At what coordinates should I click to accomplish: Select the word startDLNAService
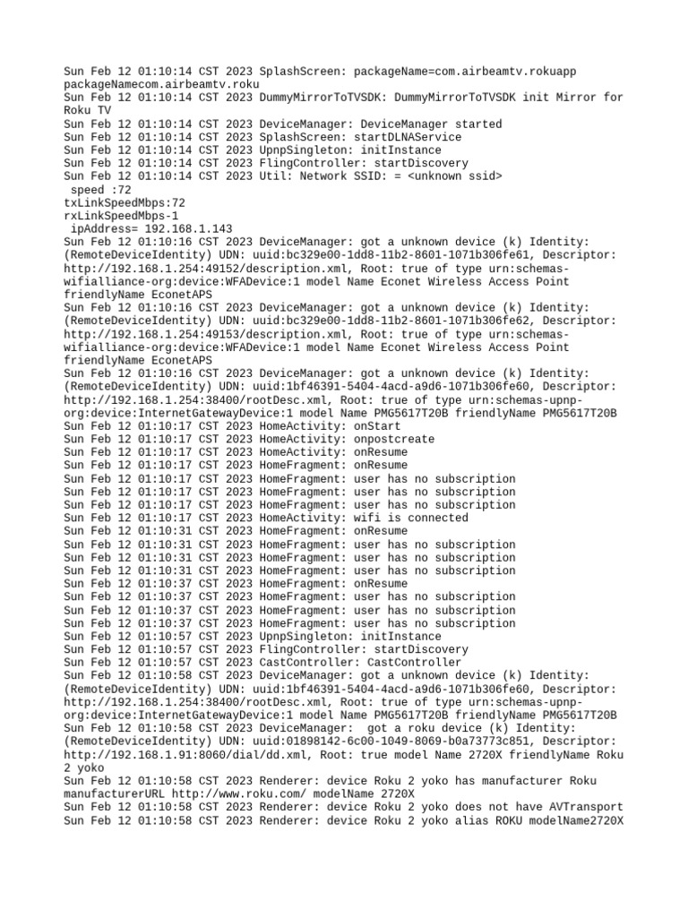click(x=408, y=137)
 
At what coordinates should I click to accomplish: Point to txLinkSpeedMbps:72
click(x=125, y=203)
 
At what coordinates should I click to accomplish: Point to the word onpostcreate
click(x=395, y=440)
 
